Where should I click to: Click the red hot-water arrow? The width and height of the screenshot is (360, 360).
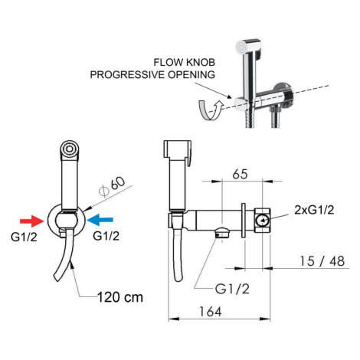click(x=32, y=221)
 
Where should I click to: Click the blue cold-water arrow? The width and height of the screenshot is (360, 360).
click(x=100, y=220)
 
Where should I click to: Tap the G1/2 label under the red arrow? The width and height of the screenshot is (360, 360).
click(x=24, y=237)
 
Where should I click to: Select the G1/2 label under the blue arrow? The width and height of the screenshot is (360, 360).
click(x=106, y=236)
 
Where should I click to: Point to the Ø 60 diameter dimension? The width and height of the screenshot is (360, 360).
click(x=113, y=187)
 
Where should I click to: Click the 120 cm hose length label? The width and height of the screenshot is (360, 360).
click(x=120, y=297)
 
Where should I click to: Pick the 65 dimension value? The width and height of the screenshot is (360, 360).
click(x=240, y=174)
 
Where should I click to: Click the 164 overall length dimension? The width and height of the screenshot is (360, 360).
click(x=211, y=312)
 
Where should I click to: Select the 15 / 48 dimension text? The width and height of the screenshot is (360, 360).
click(x=322, y=261)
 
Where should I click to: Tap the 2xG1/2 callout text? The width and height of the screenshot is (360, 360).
click(x=314, y=210)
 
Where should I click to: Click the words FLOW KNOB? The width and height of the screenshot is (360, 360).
click(x=184, y=62)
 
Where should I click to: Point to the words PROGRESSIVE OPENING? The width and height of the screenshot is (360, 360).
click(x=152, y=74)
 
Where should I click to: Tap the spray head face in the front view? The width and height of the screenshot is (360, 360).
click(x=70, y=149)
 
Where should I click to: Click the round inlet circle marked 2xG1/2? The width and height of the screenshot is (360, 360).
click(x=263, y=221)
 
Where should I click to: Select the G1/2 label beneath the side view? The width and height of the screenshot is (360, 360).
click(x=232, y=289)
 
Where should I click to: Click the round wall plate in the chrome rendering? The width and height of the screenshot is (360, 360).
click(x=286, y=94)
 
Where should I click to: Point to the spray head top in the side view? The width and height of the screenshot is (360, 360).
click(x=178, y=149)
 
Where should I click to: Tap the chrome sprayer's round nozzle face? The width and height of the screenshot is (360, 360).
click(x=241, y=47)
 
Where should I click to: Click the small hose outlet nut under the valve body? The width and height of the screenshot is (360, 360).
click(x=223, y=232)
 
